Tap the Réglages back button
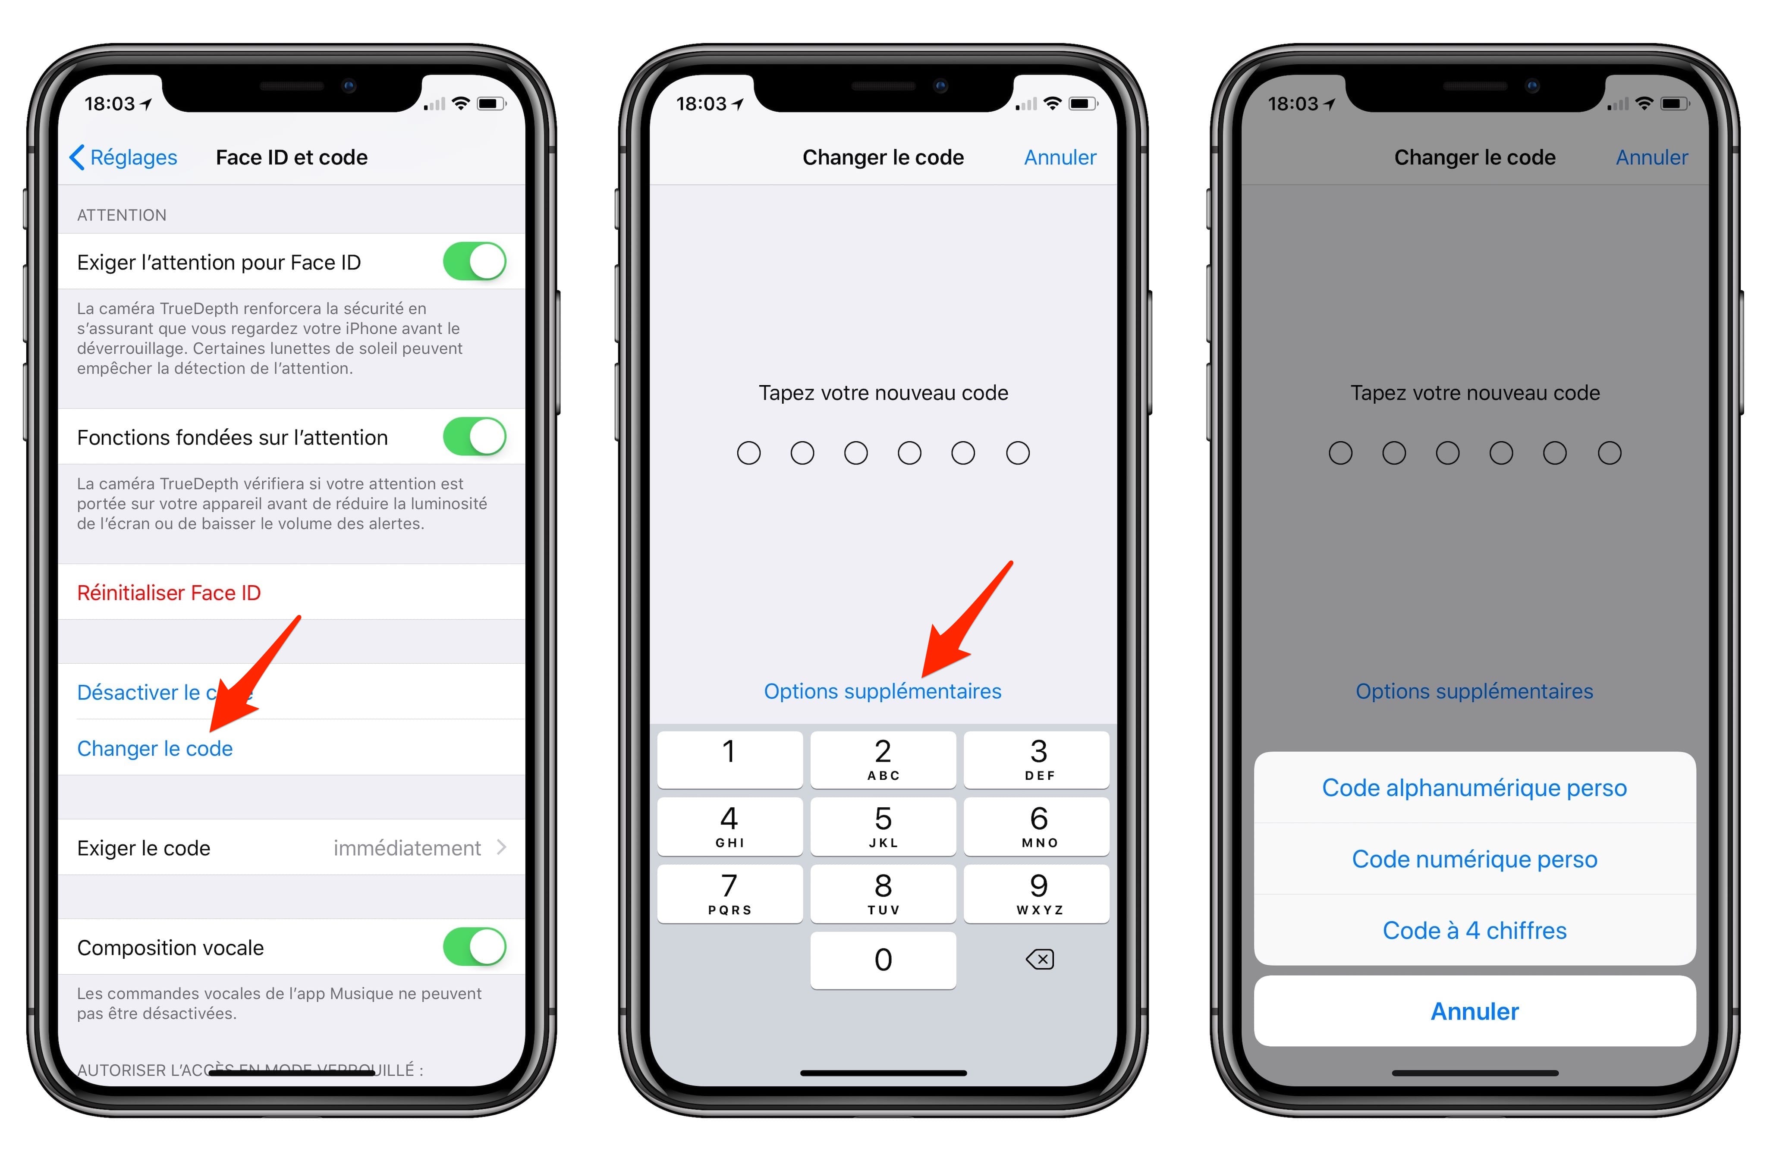point(124,157)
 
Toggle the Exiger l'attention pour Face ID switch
point(475,261)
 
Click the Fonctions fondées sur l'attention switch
point(475,436)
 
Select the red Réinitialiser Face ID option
point(169,593)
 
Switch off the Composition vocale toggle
point(475,947)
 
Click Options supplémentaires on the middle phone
point(883,691)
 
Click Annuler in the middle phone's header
point(1060,157)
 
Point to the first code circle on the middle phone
point(748,453)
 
